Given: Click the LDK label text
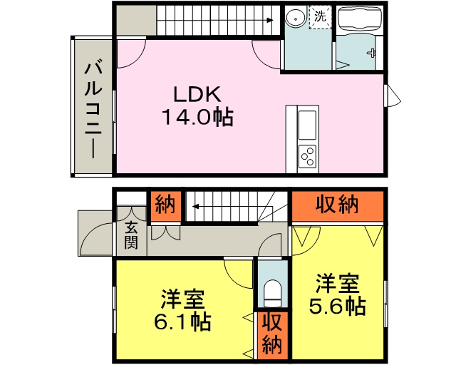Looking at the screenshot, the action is click(197, 94).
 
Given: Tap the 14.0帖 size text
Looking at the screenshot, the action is click(199, 117).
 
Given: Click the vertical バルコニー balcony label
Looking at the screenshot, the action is click(93, 108).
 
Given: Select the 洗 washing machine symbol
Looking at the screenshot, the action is click(320, 17).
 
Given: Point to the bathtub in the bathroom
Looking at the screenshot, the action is click(359, 19).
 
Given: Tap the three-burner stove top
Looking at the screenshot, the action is click(307, 156).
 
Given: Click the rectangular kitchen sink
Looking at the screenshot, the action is click(307, 125).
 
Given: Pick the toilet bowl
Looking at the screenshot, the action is click(272, 293).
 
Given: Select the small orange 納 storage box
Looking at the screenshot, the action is click(165, 206).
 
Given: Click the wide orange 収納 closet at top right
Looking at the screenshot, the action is click(337, 206).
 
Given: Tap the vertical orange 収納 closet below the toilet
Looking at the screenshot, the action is click(272, 335).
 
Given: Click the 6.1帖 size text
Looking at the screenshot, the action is click(182, 322).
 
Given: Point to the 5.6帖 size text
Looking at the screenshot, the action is click(337, 306).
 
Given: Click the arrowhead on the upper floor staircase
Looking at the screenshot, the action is click(270, 21).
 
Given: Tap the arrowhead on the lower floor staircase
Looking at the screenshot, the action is click(195, 207).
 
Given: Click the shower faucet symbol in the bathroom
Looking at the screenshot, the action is click(372, 53).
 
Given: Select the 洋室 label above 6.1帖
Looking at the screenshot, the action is click(183, 299).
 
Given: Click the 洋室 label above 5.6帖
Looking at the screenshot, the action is click(338, 283).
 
